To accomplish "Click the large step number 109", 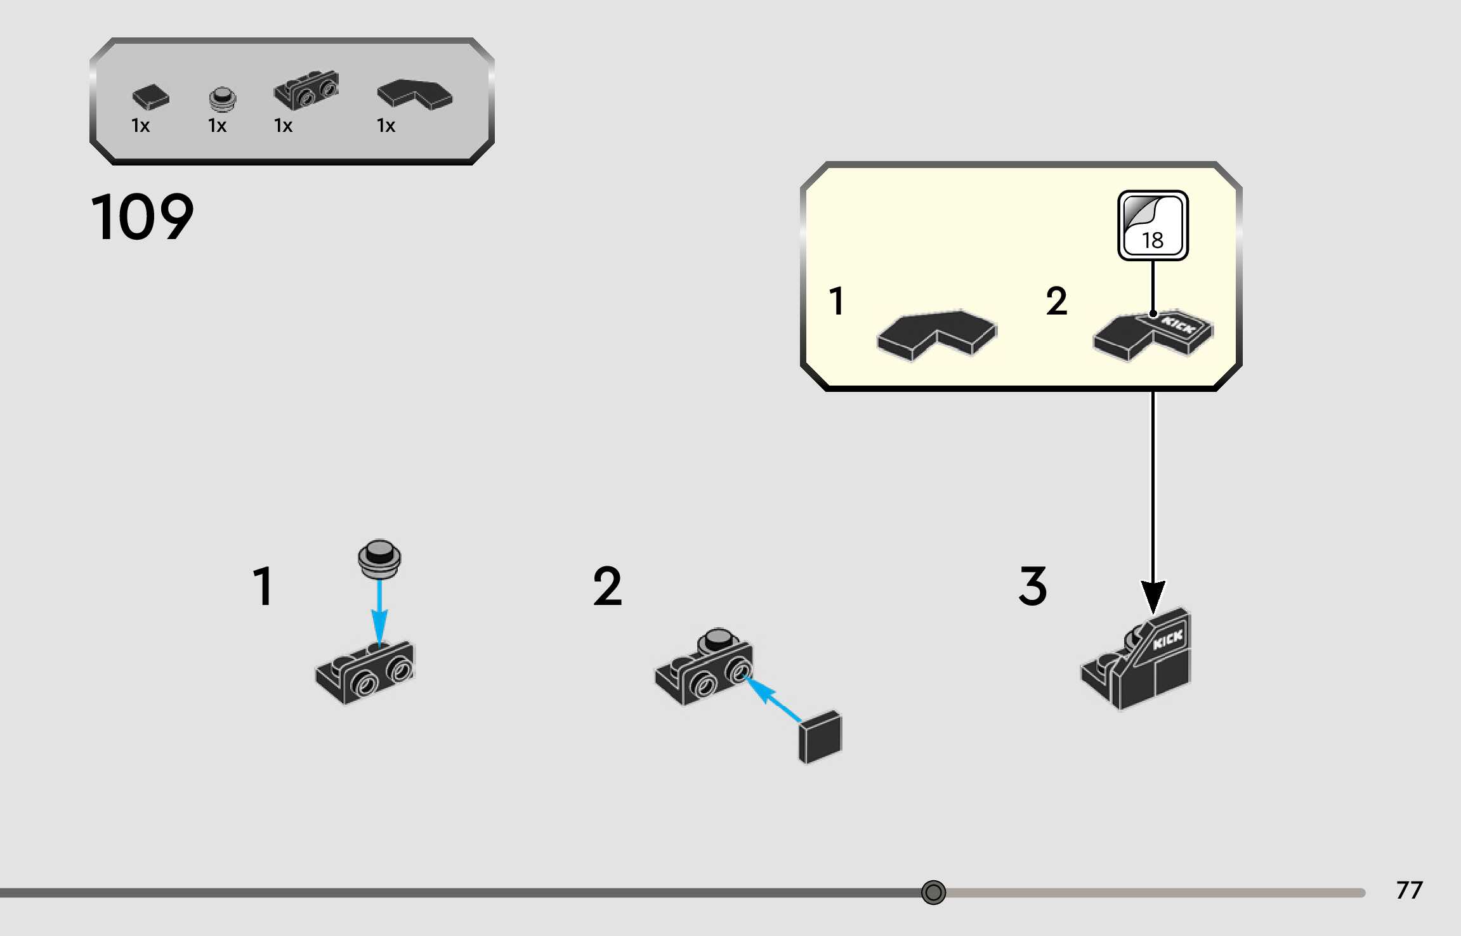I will pos(142,217).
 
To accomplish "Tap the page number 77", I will pos(1409,890).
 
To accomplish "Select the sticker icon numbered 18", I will pos(1153,226).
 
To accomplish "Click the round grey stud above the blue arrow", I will pos(379,559).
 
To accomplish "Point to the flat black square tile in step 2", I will pos(820,737).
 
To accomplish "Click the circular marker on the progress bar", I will pos(933,892).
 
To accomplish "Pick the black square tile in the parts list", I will pos(150,97).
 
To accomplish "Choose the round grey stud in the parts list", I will pos(222,99).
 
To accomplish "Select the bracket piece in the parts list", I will pos(306,90).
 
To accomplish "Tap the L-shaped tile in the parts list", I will pos(414,94).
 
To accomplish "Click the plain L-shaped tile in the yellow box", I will pos(936,334).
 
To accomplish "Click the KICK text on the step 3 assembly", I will pos(1167,639).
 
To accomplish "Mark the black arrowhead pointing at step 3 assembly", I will pos(1153,596).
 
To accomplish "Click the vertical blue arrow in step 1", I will pos(379,611).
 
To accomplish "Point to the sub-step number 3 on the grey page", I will pos(1033,587).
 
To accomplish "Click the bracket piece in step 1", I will pos(365,673).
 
